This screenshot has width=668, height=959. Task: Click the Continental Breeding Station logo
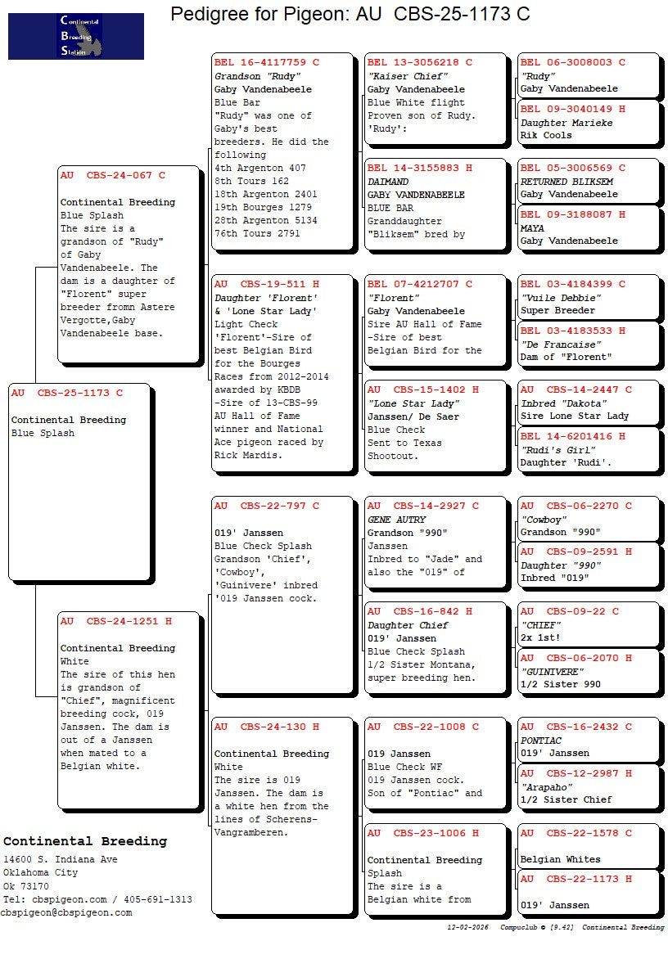pyautogui.click(x=76, y=36)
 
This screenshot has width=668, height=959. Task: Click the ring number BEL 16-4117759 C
pyautogui.click(x=266, y=62)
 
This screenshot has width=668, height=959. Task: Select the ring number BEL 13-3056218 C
pyautogui.click(x=419, y=62)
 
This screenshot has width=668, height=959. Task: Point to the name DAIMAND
pyautogui.click(x=388, y=182)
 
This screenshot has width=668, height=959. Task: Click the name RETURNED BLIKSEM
pyautogui.click(x=566, y=182)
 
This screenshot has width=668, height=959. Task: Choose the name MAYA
pyautogui.click(x=532, y=228)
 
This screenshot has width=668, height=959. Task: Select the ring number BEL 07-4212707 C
pyautogui.click(x=419, y=285)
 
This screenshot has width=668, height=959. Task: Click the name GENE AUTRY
pyautogui.click(x=397, y=520)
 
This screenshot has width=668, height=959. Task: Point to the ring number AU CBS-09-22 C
pyautogui.click(x=570, y=611)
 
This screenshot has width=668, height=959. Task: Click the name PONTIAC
pyautogui.click(x=541, y=741)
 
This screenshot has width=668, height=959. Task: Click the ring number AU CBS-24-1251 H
pyautogui.click(x=115, y=621)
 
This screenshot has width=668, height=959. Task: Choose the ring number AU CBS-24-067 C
pyautogui.click(x=112, y=175)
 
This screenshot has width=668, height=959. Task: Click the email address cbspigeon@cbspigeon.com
pyautogui.click(x=66, y=912)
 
